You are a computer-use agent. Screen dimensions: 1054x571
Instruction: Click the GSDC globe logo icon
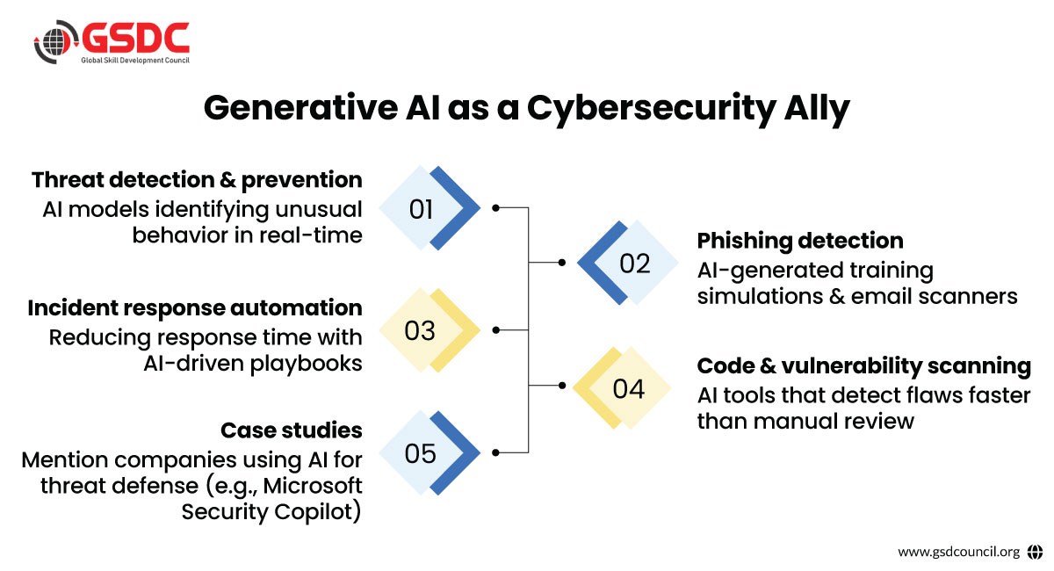pos(56,42)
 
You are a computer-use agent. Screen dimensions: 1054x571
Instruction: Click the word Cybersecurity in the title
pos(651,109)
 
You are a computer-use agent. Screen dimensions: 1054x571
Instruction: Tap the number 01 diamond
pos(430,208)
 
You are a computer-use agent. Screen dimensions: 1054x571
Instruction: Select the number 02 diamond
pos(628,263)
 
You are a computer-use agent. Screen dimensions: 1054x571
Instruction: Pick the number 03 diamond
pos(430,330)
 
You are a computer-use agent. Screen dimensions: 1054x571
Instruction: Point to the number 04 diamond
pos(622,388)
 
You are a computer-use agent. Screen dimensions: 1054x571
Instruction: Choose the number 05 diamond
pos(430,452)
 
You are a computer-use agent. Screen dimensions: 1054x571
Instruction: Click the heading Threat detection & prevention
pos(197,180)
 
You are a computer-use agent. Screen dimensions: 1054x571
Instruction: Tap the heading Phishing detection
pos(800,241)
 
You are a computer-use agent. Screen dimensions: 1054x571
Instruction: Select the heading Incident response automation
pos(195,307)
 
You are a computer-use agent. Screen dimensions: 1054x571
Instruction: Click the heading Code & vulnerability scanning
pos(864,366)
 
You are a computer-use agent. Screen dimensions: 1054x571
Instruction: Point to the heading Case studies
pos(292,430)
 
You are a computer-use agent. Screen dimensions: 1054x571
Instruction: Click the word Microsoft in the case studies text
pos(313,486)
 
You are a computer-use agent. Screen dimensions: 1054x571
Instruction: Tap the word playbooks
pos(306,364)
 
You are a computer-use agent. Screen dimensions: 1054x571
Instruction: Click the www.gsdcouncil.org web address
pos(958,552)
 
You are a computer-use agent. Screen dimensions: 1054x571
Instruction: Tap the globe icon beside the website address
pos(1036,552)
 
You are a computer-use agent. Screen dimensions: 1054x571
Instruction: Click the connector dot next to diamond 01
pos(495,207)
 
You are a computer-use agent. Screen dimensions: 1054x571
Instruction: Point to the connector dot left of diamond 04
pos(562,385)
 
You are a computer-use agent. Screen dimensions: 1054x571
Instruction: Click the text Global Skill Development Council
pos(135,61)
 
